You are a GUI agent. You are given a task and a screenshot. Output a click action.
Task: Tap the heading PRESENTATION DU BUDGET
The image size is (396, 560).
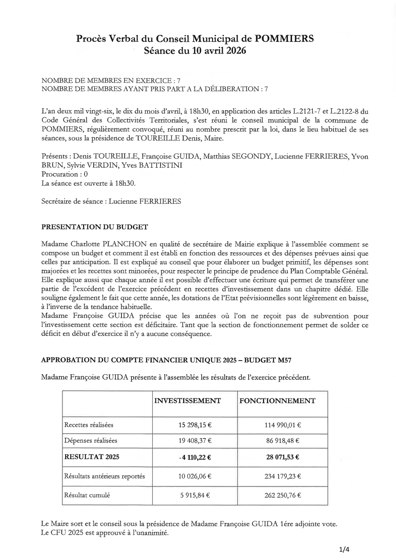(95, 227)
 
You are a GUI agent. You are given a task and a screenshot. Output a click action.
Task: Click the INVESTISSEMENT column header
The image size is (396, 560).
(187, 401)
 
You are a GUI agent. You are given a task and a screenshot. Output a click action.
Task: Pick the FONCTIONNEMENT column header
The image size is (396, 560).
(277, 401)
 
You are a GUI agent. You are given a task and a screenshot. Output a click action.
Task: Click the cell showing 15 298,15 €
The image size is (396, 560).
(195, 425)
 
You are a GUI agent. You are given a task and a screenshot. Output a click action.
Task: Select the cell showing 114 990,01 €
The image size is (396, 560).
(282, 425)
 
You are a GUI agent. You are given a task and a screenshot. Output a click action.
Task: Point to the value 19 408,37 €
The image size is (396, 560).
(195, 440)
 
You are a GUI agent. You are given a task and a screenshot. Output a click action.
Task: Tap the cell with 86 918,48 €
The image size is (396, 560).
(282, 440)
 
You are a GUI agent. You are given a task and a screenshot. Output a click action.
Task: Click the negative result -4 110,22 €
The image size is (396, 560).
(195, 457)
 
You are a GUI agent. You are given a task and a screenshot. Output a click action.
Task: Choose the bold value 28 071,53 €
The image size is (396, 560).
(282, 457)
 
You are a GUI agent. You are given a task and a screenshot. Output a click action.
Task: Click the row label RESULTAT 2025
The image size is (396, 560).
(92, 457)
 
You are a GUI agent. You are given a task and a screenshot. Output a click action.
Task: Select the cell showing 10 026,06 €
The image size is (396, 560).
(195, 476)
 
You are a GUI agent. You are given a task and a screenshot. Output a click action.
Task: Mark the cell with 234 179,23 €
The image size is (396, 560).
(282, 476)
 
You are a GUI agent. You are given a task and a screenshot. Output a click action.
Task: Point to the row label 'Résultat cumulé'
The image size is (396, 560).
(87, 495)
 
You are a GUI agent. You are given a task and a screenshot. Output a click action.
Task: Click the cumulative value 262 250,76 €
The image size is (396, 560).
(282, 495)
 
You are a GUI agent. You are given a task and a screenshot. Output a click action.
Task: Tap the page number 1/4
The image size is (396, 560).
(344, 549)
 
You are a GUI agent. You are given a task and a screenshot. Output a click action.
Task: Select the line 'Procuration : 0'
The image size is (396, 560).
(64, 174)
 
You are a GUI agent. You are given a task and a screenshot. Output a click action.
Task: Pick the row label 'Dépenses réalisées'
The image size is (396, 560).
(91, 440)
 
